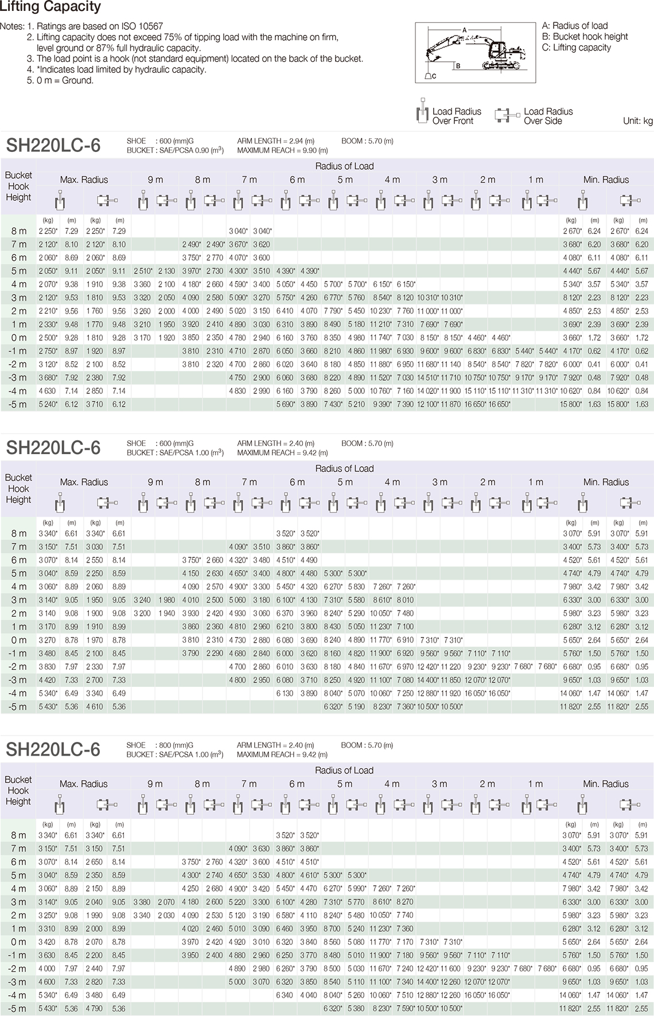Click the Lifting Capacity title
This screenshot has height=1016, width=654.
[50, 7]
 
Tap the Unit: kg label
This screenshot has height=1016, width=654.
[637, 121]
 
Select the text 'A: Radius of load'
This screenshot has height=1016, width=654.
[574, 26]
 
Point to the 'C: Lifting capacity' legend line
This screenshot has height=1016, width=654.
[576, 48]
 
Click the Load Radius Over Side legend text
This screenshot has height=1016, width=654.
[548, 116]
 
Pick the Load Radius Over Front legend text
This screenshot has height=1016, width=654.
[457, 116]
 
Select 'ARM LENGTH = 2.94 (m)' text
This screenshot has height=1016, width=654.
[275, 141]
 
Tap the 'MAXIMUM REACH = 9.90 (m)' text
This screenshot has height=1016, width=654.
[282, 151]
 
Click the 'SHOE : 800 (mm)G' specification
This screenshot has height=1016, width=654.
[160, 745]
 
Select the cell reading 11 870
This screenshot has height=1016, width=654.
[452, 404]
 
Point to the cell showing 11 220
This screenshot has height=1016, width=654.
[452, 667]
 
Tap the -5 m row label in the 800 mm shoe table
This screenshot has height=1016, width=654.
[18, 1009]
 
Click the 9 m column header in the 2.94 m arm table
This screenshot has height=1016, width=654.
[155, 179]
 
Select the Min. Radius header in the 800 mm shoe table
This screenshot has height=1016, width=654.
[606, 784]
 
